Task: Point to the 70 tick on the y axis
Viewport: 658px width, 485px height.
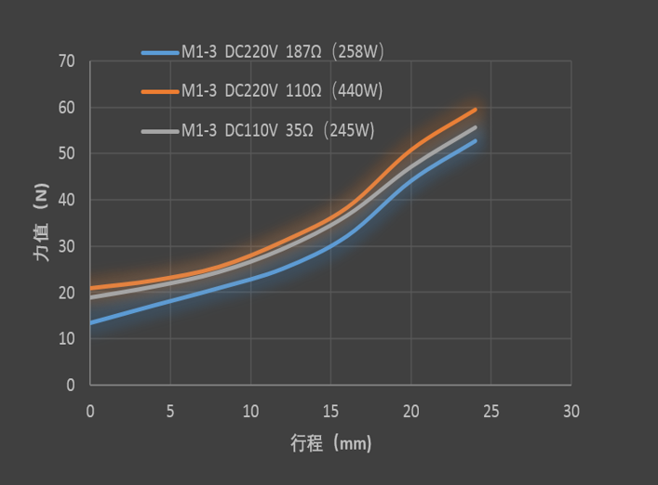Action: [66, 62]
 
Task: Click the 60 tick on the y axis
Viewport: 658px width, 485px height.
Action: [66, 109]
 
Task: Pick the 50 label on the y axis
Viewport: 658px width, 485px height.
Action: [66, 154]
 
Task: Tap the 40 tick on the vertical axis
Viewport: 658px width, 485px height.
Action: [66, 201]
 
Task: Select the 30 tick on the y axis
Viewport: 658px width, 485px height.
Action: [66, 247]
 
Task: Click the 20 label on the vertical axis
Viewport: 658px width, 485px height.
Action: [66, 293]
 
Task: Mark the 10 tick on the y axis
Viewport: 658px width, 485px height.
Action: [66, 339]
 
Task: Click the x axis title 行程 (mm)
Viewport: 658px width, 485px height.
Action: [330, 444]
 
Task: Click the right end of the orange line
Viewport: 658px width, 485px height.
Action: [476, 110]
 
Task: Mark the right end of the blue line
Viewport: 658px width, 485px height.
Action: [476, 141]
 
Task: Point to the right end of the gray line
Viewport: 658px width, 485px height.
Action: [476, 127]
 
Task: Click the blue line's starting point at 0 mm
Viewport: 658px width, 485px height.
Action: [90, 322]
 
